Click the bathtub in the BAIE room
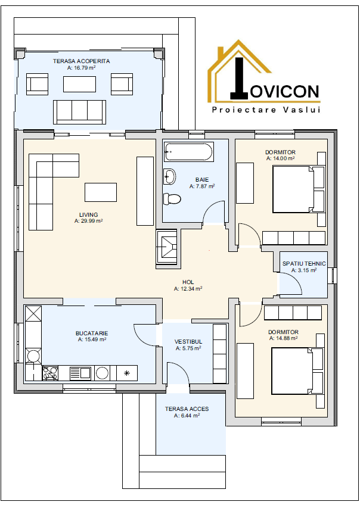click(188, 152)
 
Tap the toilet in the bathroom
click(172, 198)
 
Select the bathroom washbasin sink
click(169, 176)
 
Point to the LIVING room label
click(89, 214)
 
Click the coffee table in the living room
click(101, 192)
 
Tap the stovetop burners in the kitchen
click(50, 373)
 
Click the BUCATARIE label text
click(92, 333)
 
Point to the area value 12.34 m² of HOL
click(188, 288)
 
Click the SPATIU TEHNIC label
click(304, 263)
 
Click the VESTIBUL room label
click(188, 341)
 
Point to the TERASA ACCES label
click(187, 409)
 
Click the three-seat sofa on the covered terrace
click(79, 112)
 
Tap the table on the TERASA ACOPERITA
click(79, 84)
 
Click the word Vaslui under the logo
click(302, 110)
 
